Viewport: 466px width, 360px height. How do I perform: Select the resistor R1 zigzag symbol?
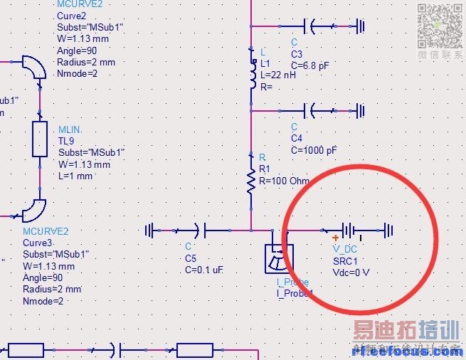pyautogui.click(x=251, y=181)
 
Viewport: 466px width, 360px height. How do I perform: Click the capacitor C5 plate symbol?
pyautogui.click(x=200, y=230)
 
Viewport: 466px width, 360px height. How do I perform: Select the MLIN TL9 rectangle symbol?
pyautogui.click(x=40, y=139)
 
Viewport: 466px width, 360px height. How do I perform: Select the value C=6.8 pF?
pyautogui.click(x=310, y=65)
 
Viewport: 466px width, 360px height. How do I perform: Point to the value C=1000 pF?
pyautogui.click(x=314, y=150)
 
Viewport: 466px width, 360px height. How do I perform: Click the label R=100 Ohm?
pyautogui.click(x=284, y=181)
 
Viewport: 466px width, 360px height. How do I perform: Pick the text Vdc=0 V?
pyautogui.click(x=351, y=272)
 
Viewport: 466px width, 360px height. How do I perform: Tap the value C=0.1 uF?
pyautogui.click(x=204, y=270)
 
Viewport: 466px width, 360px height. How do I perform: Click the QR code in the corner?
pyautogui.click(x=440, y=25)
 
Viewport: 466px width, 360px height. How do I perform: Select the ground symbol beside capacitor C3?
pyautogui.click(x=361, y=26)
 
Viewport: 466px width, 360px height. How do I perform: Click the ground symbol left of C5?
pyautogui.click(x=150, y=230)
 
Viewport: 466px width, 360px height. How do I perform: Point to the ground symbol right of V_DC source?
pyautogui.click(x=388, y=230)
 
